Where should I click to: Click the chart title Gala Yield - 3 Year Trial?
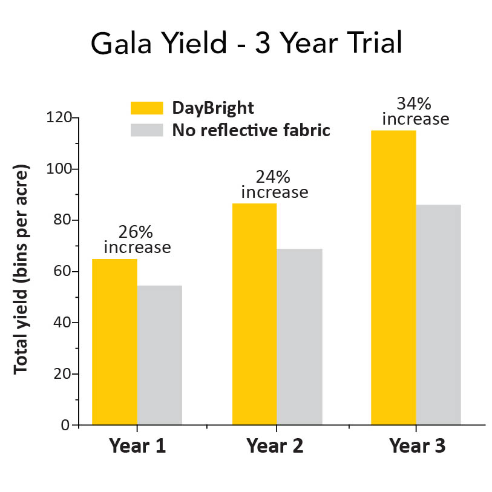click(246, 44)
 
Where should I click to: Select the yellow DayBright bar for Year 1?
click(114, 342)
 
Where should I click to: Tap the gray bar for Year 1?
click(160, 355)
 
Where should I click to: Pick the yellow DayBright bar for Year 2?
click(254, 314)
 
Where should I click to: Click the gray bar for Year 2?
click(300, 336)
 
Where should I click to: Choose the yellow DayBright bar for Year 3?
click(393, 277)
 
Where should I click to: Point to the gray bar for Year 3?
click(439, 315)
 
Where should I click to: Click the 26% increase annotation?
click(137, 240)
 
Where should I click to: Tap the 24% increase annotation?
click(275, 185)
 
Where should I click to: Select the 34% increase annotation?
click(416, 111)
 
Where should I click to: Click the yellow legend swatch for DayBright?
click(147, 108)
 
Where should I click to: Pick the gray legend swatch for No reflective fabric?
click(147, 130)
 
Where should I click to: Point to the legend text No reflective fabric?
click(251, 130)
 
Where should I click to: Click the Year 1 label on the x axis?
click(137, 447)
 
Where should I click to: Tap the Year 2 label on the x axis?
click(275, 447)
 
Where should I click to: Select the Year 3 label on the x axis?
click(417, 447)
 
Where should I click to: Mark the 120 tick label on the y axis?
click(59, 117)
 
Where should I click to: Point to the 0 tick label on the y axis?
click(65, 425)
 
